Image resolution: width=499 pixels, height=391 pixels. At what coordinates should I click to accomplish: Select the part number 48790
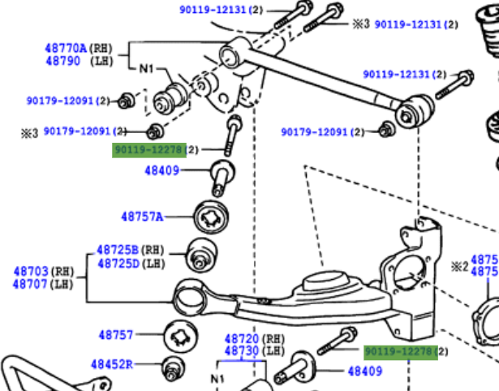click(62, 61)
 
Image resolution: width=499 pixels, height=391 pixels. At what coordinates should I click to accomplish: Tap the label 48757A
click(142, 217)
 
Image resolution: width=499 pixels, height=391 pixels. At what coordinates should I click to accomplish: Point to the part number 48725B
click(118, 251)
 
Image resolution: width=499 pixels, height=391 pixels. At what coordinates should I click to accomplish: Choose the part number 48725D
click(118, 264)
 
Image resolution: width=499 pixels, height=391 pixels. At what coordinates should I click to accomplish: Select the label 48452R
click(111, 365)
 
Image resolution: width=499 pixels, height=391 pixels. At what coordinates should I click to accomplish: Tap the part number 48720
click(241, 337)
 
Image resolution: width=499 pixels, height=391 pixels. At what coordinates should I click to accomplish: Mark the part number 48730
click(241, 350)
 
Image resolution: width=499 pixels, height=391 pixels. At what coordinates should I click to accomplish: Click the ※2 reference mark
click(460, 265)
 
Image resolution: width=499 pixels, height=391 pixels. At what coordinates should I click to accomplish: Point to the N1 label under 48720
click(217, 378)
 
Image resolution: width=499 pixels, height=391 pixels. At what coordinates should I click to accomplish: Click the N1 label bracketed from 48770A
click(145, 69)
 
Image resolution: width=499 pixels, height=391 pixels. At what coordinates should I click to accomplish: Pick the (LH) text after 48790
click(101, 61)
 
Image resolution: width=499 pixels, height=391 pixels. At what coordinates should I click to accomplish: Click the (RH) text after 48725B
click(153, 251)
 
